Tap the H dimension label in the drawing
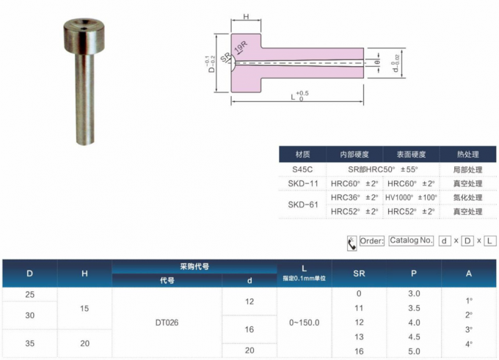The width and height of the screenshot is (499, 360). click(x=246, y=16)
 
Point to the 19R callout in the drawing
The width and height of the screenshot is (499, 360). click(x=240, y=49)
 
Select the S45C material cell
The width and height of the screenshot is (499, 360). click(x=302, y=169)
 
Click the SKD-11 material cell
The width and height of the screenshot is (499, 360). click(x=302, y=183)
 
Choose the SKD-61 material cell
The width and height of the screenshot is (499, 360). click(x=302, y=205)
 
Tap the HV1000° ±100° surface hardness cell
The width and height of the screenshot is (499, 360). click(x=411, y=197)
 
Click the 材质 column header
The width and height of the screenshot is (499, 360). click(x=302, y=155)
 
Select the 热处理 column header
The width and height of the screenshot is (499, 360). click(x=467, y=155)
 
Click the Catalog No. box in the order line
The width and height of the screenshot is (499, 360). click(x=411, y=240)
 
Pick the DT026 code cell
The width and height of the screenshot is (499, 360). click(x=167, y=322)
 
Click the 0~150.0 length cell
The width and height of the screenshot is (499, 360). click(x=305, y=322)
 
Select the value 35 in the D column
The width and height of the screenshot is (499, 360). click(x=29, y=342)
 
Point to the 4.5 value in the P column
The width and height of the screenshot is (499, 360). click(x=414, y=337)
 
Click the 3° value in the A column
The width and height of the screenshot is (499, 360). click(x=468, y=329)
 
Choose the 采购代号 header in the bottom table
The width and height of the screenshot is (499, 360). click(x=194, y=266)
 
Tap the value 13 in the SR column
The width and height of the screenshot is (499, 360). click(x=359, y=337)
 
